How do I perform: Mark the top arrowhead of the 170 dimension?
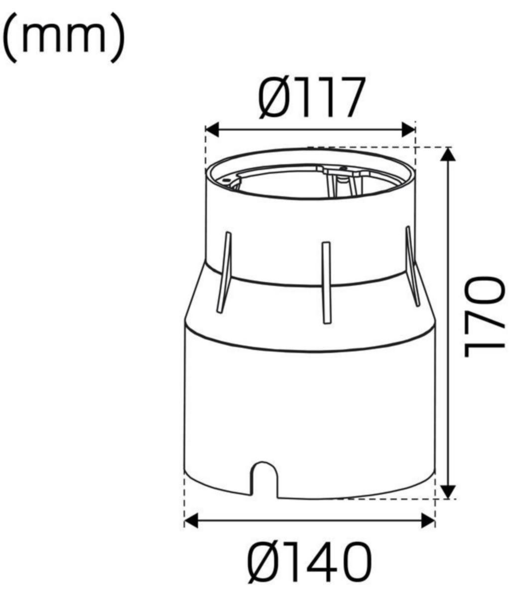point(449,154)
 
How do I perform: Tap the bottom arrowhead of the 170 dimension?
point(449,491)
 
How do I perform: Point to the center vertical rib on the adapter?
point(326,283)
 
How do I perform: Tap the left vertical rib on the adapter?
point(223,272)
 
